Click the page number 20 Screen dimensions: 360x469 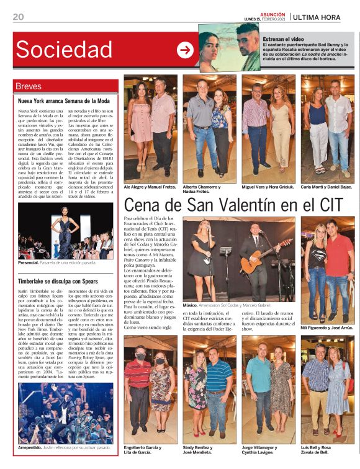coord(18,17)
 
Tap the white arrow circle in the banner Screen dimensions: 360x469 coord(185,50)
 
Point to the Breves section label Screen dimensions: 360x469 coord(29,86)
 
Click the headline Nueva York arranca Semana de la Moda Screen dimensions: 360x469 coord(64,100)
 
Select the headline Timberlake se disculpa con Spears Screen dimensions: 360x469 coord(62,281)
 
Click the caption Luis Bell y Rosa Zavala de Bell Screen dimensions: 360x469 coord(323,450)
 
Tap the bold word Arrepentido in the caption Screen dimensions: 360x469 coord(33,447)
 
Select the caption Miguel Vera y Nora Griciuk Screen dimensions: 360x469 coord(267,187)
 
